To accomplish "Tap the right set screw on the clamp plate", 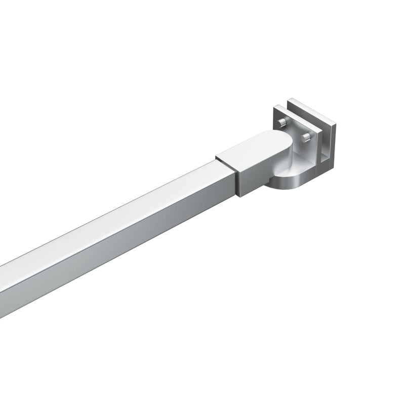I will [x=306, y=138].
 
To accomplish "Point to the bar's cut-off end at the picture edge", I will [x=2, y=283].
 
